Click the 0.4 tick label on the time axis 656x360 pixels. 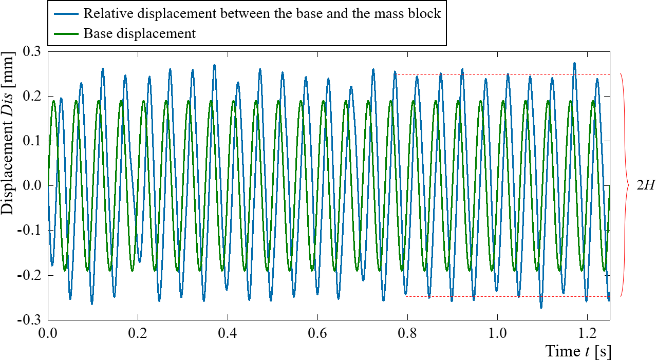[x=228, y=332]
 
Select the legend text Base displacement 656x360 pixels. [x=140, y=34]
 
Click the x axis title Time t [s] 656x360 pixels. [x=578, y=352]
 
